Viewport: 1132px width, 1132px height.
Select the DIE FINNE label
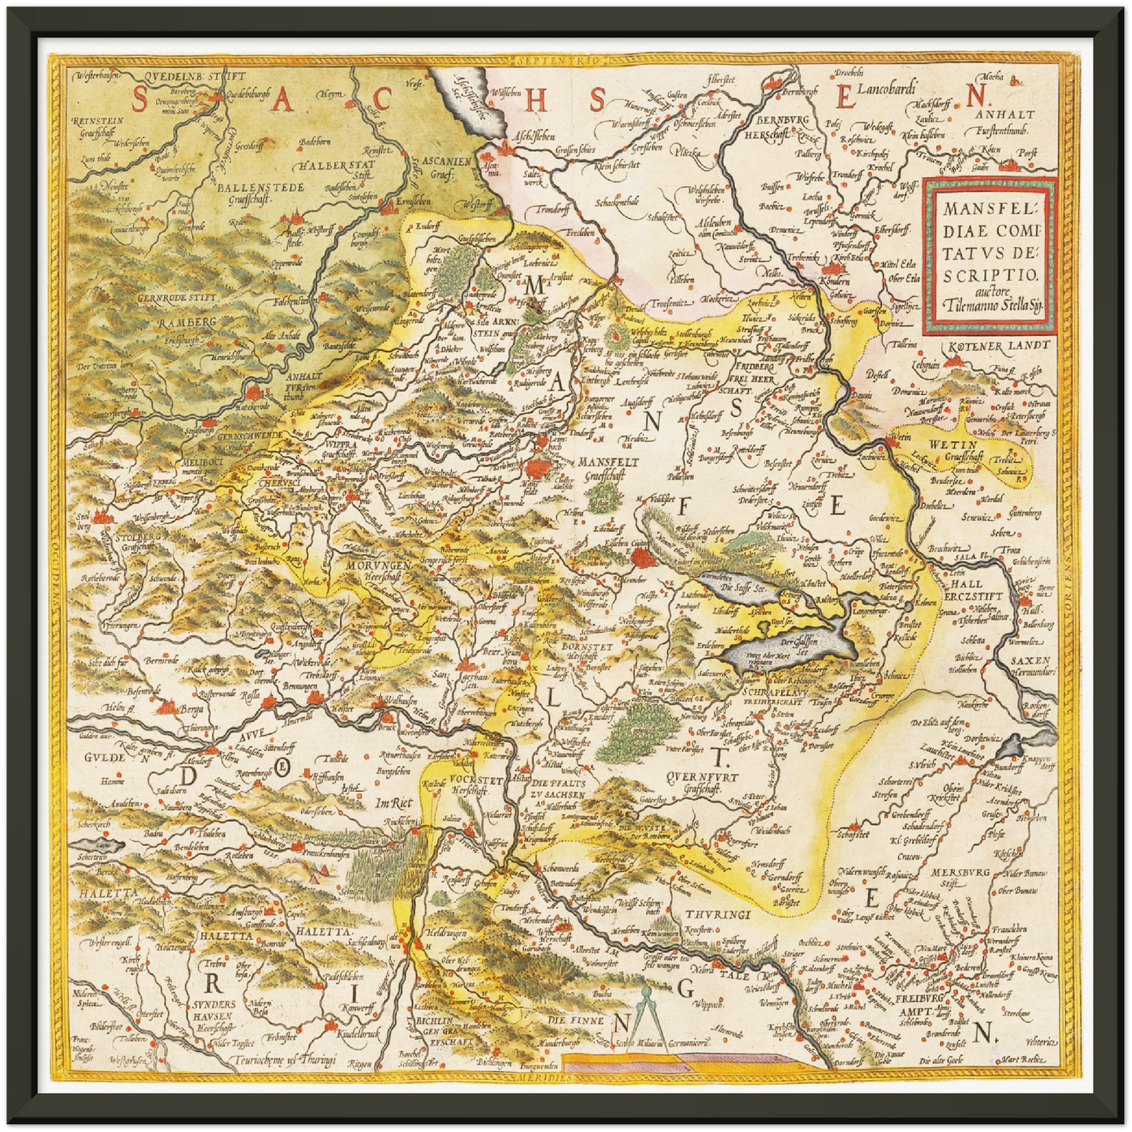coord(576,1021)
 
